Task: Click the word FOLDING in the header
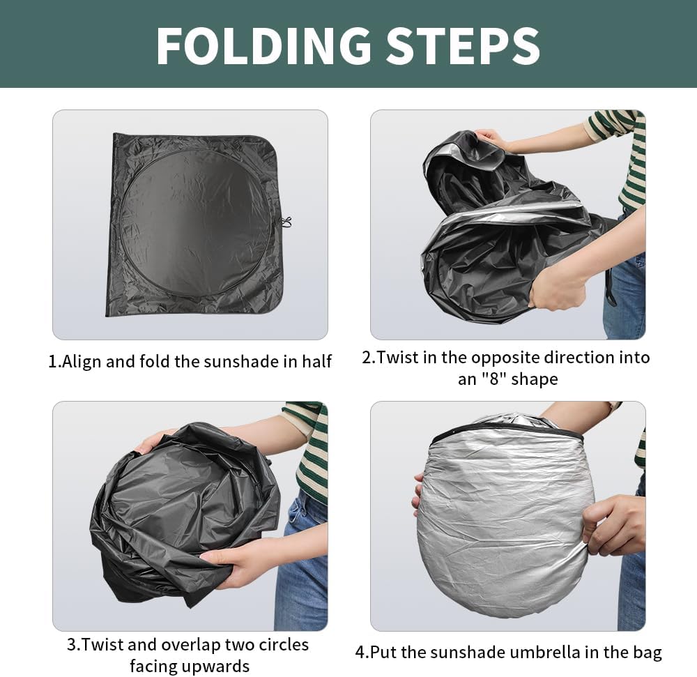tap(264, 46)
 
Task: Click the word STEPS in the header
tap(464, 46)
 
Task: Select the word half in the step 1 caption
tap(316, 361)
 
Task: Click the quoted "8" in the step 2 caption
tap(494, 379)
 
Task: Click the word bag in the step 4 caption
tap(648, 653)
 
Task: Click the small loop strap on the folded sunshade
tap(286, 222)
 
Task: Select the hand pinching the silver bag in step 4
tap(613, 524)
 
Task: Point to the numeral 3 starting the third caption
tap(71, 644)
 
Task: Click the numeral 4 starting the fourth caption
tap(360, 653)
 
